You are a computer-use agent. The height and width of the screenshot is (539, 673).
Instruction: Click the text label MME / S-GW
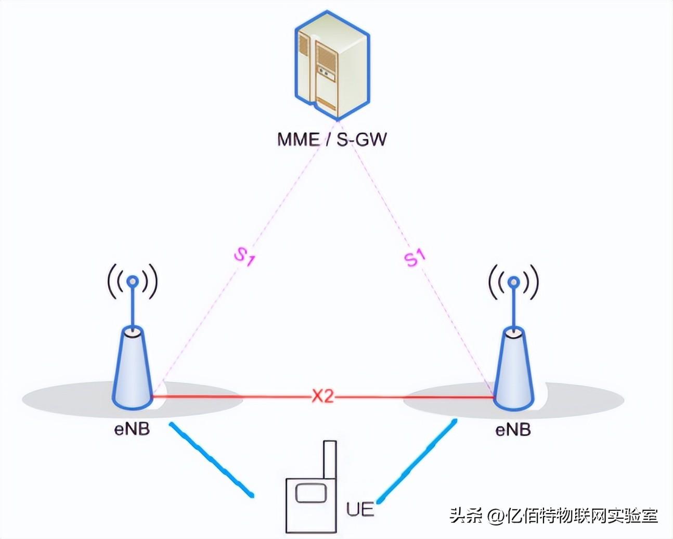(332, 139)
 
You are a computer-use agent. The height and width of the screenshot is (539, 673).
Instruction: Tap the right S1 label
(415, 257)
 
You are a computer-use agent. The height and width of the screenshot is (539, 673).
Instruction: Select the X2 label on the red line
(322, 397)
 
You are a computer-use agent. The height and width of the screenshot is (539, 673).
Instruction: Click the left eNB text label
(132, 430)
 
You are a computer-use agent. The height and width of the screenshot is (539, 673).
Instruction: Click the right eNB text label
(513, 430)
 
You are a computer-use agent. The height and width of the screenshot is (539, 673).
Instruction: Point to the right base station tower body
(514, 369)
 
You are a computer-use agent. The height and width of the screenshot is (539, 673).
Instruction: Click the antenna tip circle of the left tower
(133, 281)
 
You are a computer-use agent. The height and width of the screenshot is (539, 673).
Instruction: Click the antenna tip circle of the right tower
(514, 281)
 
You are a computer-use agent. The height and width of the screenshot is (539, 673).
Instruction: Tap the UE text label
(360, 509)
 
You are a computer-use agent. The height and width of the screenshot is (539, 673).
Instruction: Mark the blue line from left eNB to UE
(211, 458)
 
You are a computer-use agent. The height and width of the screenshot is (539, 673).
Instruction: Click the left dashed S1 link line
(208, 312)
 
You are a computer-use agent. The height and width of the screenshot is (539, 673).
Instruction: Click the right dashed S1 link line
(447, 312)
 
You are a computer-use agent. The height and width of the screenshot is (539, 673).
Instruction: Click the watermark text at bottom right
(553, 516)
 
